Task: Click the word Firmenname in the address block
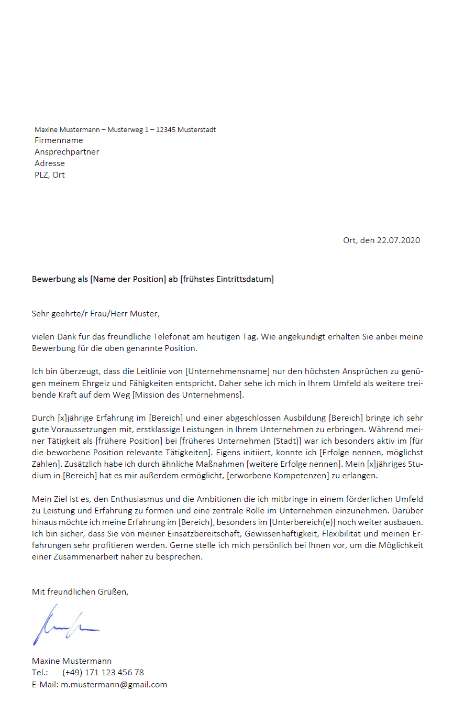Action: point(59,140)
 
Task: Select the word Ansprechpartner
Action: point(67,152)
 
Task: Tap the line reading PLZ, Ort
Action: point(50,175)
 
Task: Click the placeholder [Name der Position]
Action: point(128,279)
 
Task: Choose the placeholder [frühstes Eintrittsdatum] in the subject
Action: point(227,279)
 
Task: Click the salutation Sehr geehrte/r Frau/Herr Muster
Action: point(95,314)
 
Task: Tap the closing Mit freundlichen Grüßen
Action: point(80,592)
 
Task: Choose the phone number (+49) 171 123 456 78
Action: point(103,673)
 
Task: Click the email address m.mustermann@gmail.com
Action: point(114,684)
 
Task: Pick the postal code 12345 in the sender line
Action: point(166,129)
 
